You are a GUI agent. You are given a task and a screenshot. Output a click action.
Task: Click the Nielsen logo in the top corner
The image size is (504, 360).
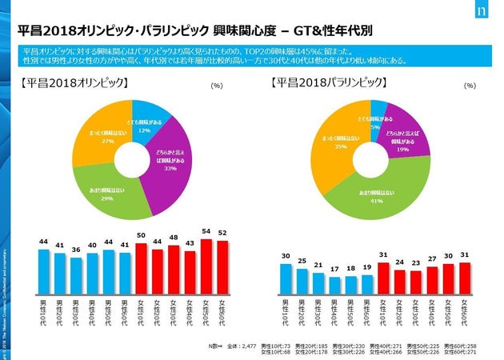pyautogui.click(x=481, y=14)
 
